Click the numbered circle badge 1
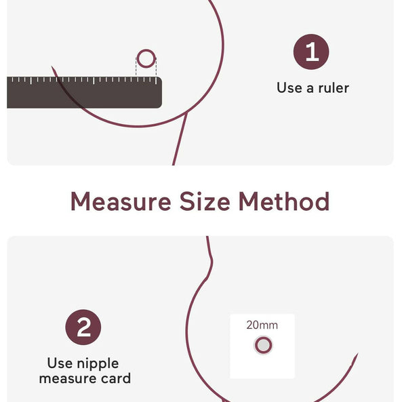(311, 52)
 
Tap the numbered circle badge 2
(83, 327)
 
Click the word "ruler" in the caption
(334, 88)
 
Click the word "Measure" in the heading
(121, 201)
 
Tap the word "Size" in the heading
(205, 201)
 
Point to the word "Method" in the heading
(284, 201)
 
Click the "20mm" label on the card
(262, 325)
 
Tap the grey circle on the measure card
(263, 345)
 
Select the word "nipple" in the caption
(98, 364)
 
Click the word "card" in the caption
(116, 379)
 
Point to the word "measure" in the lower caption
(68, 379)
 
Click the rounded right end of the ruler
(159, 92)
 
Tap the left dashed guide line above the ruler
(136, 67)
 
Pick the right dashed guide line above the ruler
(156, 67)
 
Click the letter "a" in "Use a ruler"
(310, 89)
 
